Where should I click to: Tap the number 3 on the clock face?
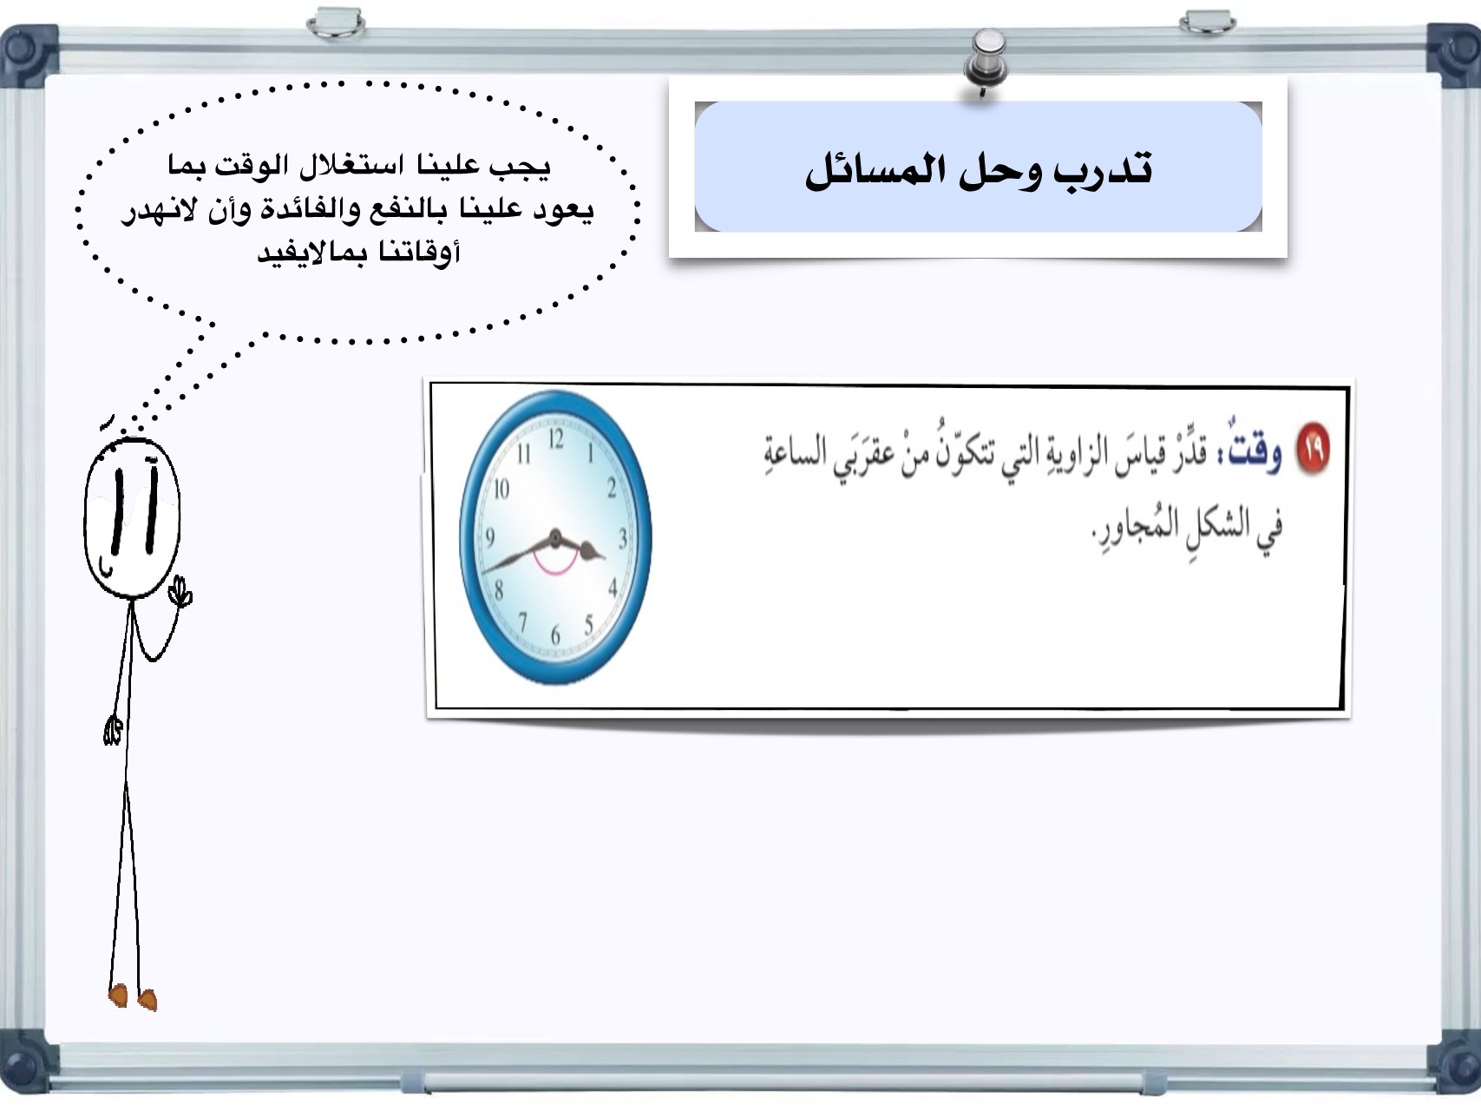pos(622,539)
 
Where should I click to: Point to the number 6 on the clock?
pos(555,636)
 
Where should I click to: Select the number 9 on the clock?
pos(490,538)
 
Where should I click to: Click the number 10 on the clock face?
pos(501,490)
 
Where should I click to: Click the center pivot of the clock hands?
pos(555,539)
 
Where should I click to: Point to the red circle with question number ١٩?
pos(1313,449)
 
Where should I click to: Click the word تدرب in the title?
pos(1103,168)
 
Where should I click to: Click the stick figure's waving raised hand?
pos(181,593)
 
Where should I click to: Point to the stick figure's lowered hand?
pos(113,731)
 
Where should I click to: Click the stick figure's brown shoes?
pos(133,997)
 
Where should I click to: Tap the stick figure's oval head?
pos(132,518)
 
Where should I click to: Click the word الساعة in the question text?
pos(796,453)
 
